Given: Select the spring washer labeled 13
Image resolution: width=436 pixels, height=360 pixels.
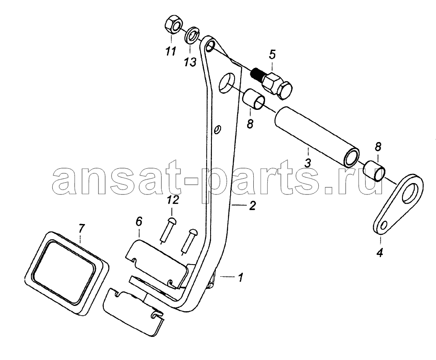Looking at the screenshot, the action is tap(192, 35).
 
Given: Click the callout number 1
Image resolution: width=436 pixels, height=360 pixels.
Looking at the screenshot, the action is tap(241, 277).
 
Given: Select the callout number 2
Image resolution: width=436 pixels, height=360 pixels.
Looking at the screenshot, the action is tap(252, 206).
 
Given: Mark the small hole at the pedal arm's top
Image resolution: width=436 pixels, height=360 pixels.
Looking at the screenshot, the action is tap(210, 47).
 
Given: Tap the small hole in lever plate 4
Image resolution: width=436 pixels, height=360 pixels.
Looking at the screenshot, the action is tap(385, 224).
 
